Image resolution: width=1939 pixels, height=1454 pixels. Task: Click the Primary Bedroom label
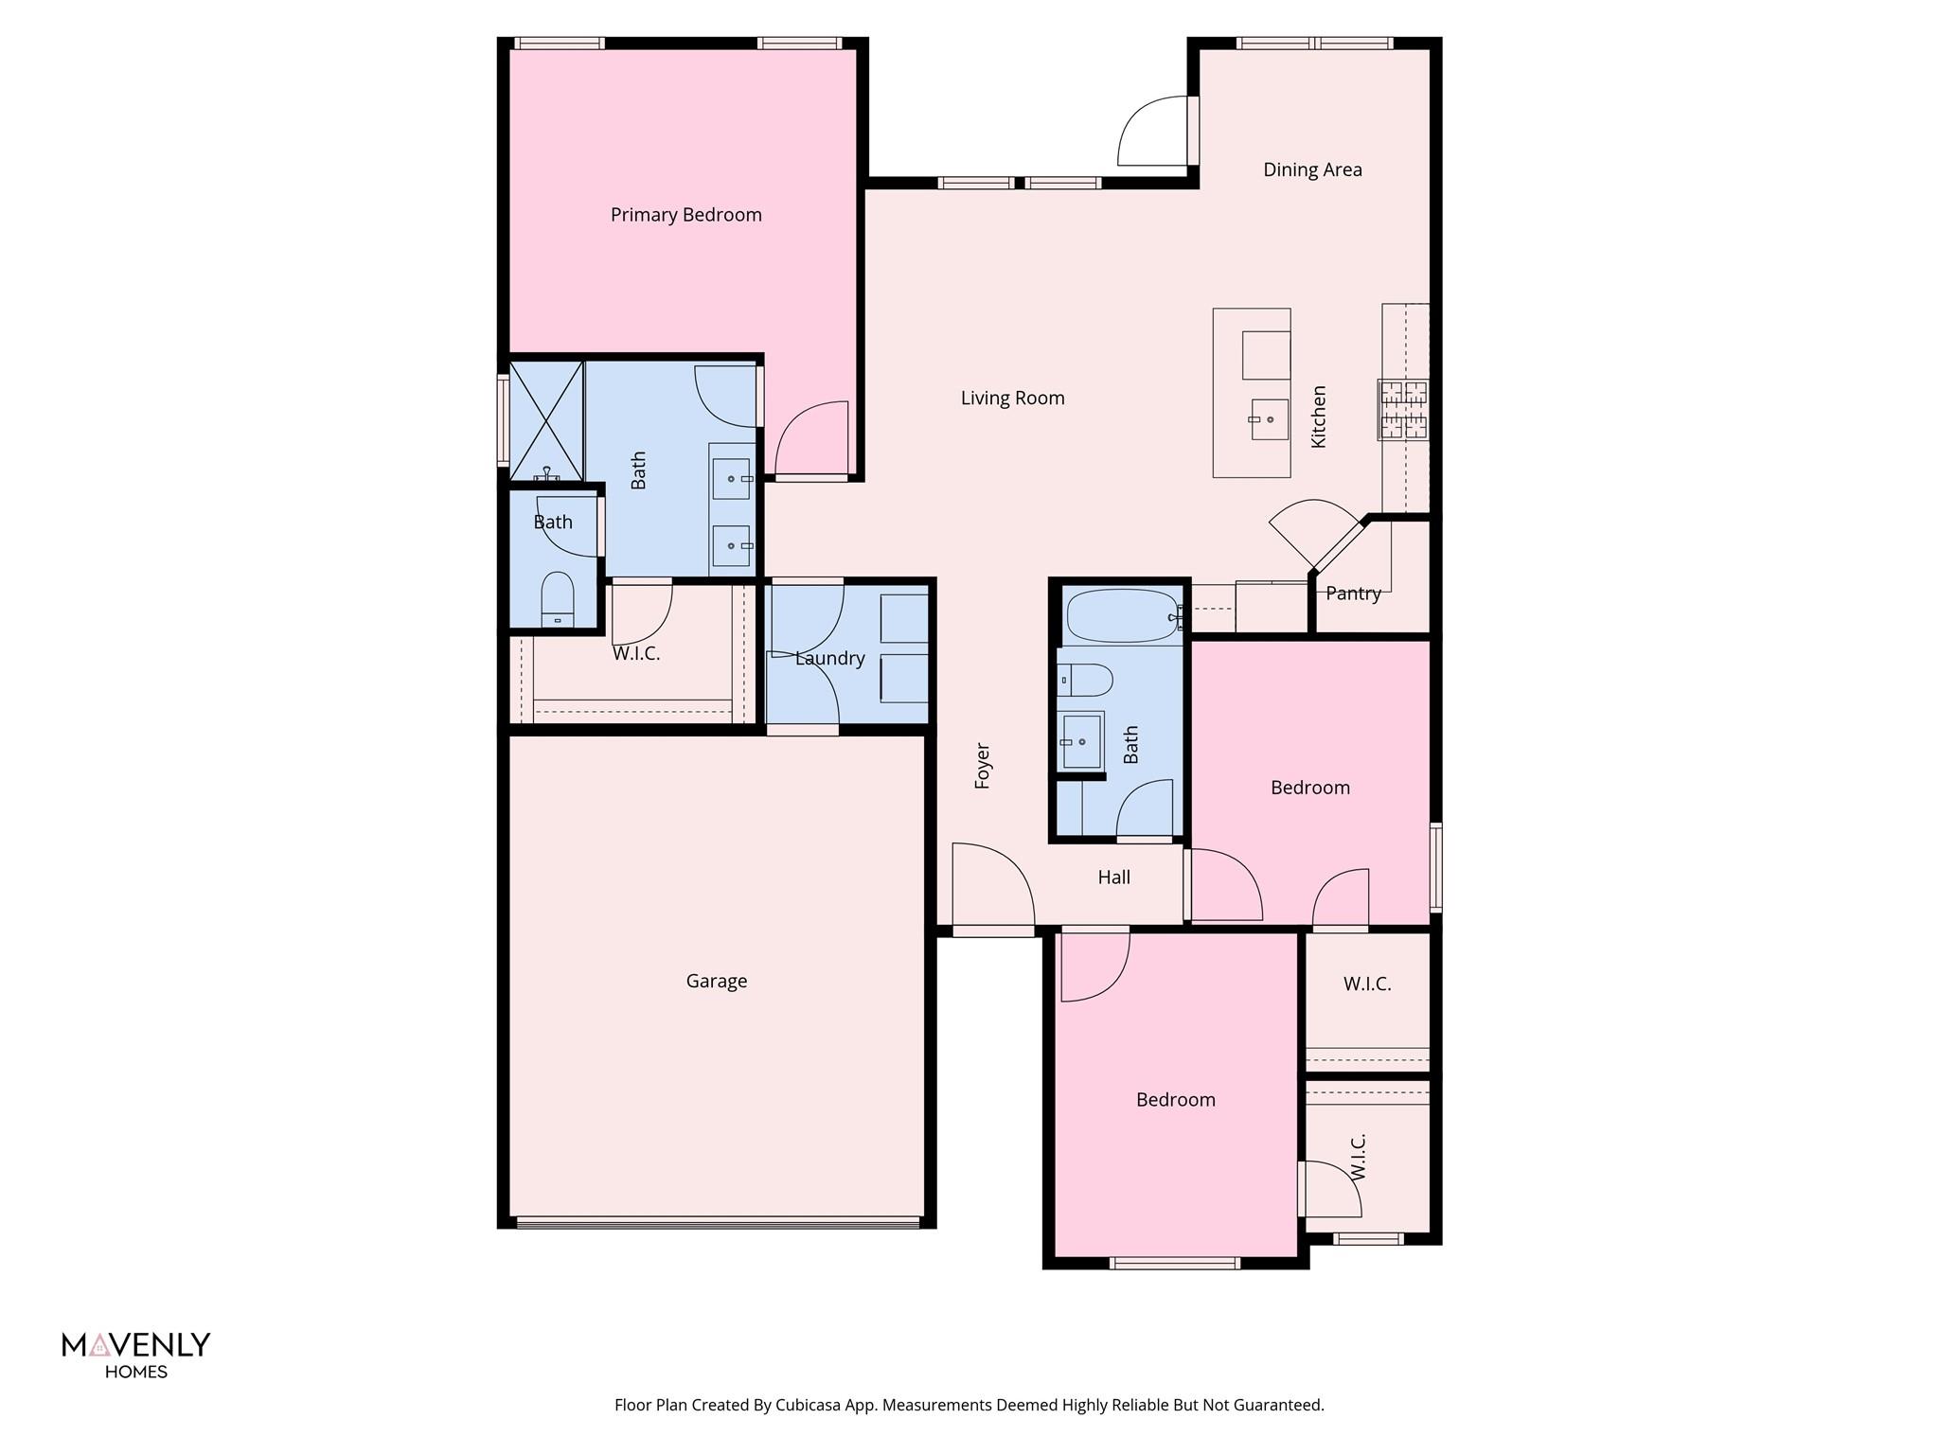tap(685, 215)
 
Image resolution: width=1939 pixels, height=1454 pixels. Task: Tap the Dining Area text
tap(1312, 169)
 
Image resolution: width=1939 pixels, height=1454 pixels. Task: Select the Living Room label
tap(1012, 398)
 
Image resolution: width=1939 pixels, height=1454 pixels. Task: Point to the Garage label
tap(716, 981)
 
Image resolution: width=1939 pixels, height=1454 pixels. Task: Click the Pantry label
tap(1353, 594)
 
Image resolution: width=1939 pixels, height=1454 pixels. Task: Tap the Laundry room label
tap(829, 658)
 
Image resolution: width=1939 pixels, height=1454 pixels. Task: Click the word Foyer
tap(983, 766)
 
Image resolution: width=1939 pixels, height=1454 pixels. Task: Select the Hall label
tap(1113, 878)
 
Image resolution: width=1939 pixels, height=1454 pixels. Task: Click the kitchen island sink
tap(1269, 419)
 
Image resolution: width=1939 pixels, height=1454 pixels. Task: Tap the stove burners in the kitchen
tap(1402, 409)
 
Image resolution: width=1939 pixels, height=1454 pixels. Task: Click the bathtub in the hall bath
tap(1123, 616)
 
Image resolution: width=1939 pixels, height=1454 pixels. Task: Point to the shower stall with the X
tap(546, 419)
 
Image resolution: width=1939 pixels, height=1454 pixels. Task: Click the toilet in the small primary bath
tap(558, 598)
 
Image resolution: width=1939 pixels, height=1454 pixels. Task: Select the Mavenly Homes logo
tap(135, 1355)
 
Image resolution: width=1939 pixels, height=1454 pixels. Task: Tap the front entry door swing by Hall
tap(990, 885)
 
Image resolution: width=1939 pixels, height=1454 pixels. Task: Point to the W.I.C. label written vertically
tap(1358, 1157)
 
